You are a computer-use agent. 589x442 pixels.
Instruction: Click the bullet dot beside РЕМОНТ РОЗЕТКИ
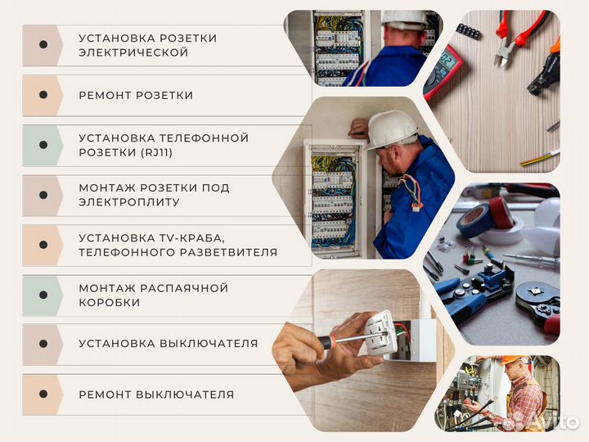point(43,95)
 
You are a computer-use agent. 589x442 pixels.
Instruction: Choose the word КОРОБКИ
point(110,302)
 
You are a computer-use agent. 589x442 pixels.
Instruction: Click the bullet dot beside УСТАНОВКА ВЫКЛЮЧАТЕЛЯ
point(43,343)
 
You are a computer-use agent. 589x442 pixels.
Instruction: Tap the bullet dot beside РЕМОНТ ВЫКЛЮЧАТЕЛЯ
point(43,394)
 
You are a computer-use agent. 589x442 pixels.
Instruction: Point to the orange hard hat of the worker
point(510,360)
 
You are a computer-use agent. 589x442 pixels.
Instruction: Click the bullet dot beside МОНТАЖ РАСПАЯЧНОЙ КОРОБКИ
point(43,295)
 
